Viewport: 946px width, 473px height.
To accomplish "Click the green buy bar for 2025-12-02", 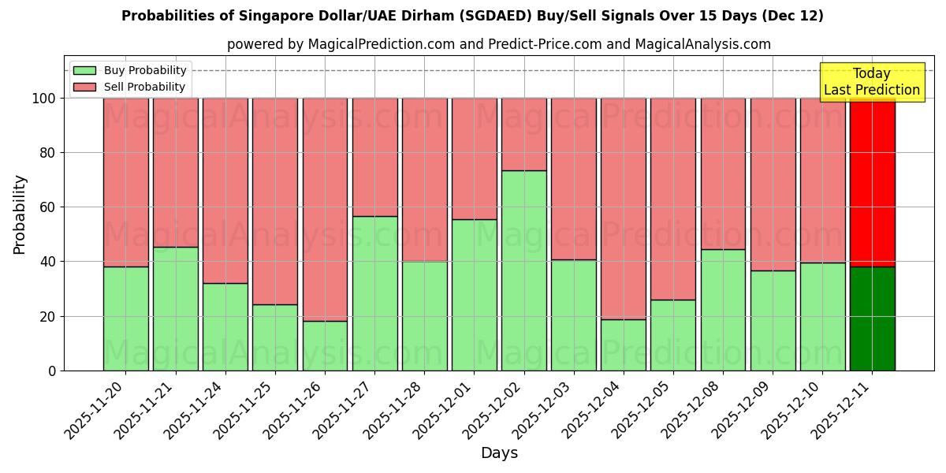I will coord(524,270).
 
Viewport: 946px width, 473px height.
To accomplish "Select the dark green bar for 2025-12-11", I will coord(873,318).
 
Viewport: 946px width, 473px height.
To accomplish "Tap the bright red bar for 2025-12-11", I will coord(873,182).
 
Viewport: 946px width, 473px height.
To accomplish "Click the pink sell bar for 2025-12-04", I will coord(624,208).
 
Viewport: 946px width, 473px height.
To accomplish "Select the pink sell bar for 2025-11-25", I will coord(275,201).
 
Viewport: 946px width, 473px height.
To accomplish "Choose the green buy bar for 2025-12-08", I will coord(723,310).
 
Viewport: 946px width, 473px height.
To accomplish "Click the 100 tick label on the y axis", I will coord(43,99).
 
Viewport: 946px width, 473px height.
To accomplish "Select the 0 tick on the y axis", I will coord(52,371).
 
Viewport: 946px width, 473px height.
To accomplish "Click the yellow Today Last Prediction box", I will coord(872,82).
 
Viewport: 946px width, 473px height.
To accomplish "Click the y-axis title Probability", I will coord(20,214).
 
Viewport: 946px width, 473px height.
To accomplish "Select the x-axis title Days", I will coord(499,453).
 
